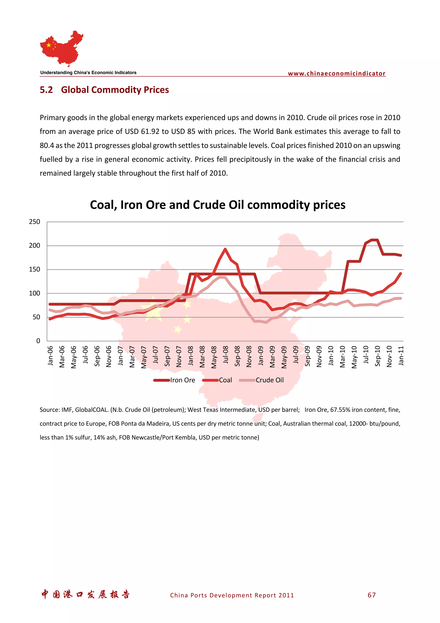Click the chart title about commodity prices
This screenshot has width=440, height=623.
[217, 205]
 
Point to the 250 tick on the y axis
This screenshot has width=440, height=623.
[34, 222]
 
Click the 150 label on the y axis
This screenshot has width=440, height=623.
[34, 269]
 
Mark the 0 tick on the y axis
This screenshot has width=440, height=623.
[38, 341]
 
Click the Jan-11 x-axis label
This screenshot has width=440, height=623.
[401, 355]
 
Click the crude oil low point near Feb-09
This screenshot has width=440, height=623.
[266, 322]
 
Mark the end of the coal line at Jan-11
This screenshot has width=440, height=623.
[401, 273]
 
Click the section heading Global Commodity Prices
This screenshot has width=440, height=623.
[115, 90]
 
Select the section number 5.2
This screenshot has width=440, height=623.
[46, 90]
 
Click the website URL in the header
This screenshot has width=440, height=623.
[336, 74]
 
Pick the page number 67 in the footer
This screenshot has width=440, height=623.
[371, 595]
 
